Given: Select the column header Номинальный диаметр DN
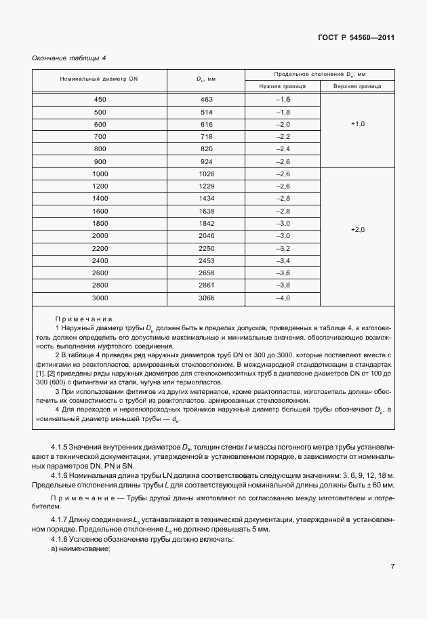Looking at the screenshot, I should [x=99, y=80].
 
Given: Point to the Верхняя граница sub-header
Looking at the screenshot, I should [x=357, y=87].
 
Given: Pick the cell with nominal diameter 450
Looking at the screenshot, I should [x=100, y=100].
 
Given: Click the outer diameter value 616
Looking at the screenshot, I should [x=207, y=124].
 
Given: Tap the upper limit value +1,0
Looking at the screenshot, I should [x=358, y=124].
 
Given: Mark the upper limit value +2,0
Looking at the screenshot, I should [x=358, y=230].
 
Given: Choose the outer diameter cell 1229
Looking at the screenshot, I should [x=207, y=185].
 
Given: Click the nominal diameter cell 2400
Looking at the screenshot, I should [x=100, y=261].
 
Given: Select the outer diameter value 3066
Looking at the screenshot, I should [x=207, y=298].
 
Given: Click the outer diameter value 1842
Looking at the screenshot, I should [x=207, y=224].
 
